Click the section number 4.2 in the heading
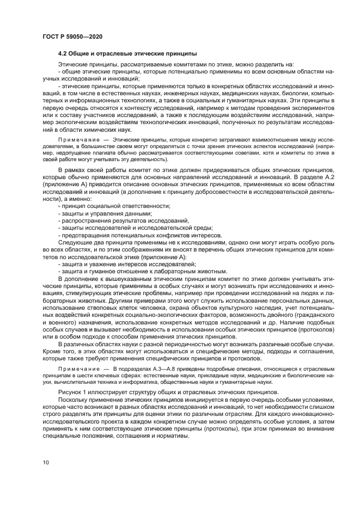(x=64, y=54)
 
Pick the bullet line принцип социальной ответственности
(x=114, y=205)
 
